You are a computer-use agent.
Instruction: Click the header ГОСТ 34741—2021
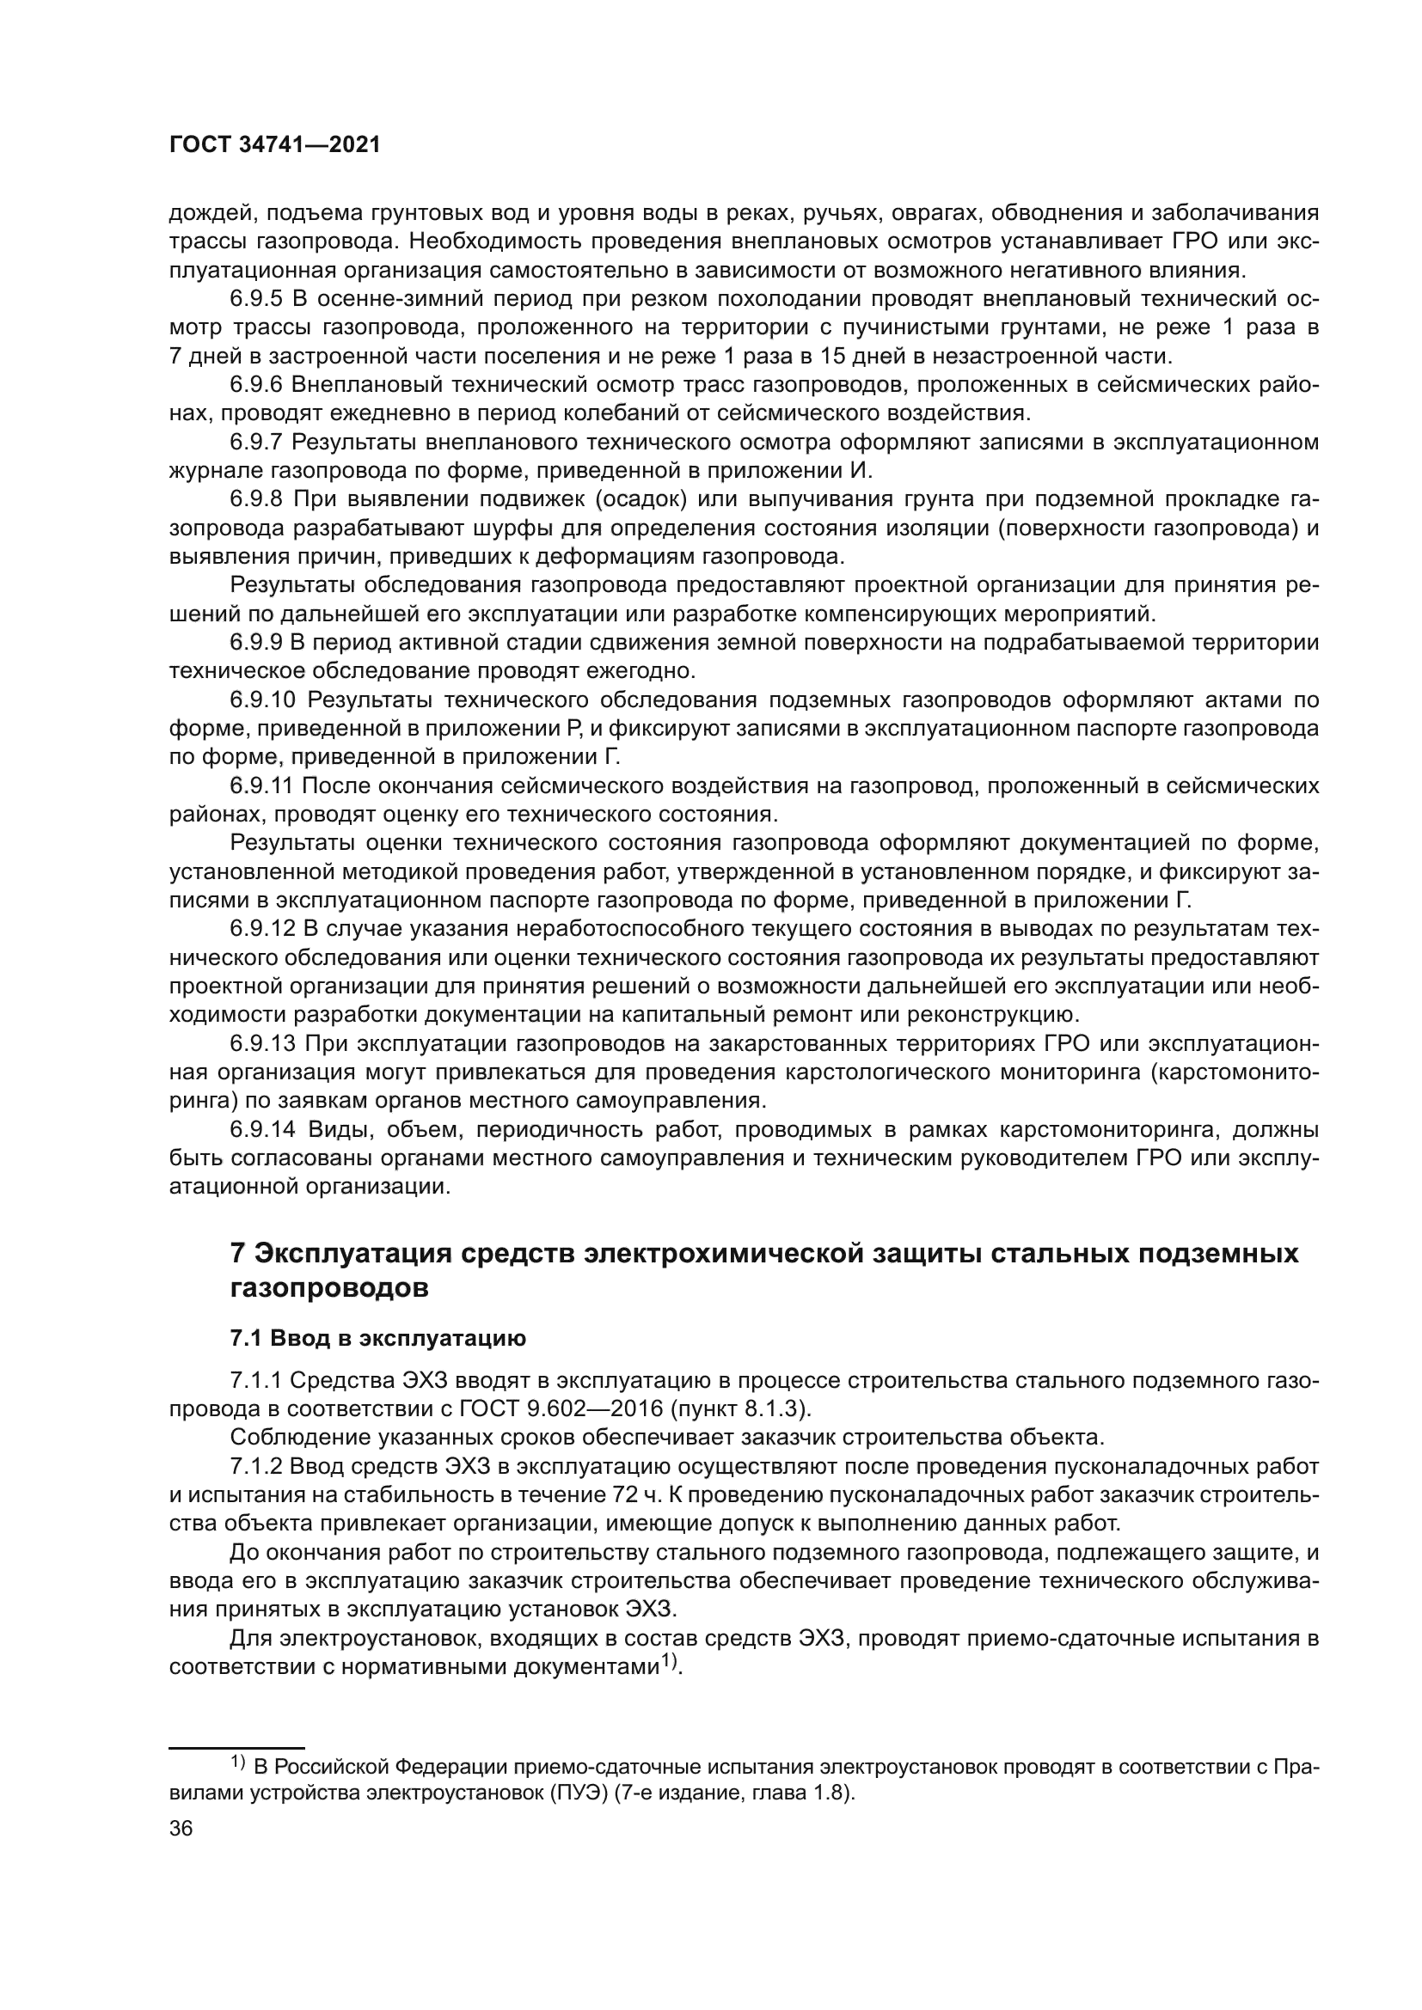click(275, 145)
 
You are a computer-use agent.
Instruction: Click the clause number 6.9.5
click(256, 299)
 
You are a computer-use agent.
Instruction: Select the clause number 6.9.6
click(256, 385)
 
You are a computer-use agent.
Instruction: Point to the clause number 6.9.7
click(256, 442)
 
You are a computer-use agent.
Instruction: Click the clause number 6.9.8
click(256, 500)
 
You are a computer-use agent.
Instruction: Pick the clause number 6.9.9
click(256, 643)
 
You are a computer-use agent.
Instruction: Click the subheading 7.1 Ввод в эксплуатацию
click(377, 1339)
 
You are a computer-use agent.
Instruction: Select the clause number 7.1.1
click(255, 1381)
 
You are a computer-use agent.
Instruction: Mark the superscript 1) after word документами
click(670, 1662)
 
